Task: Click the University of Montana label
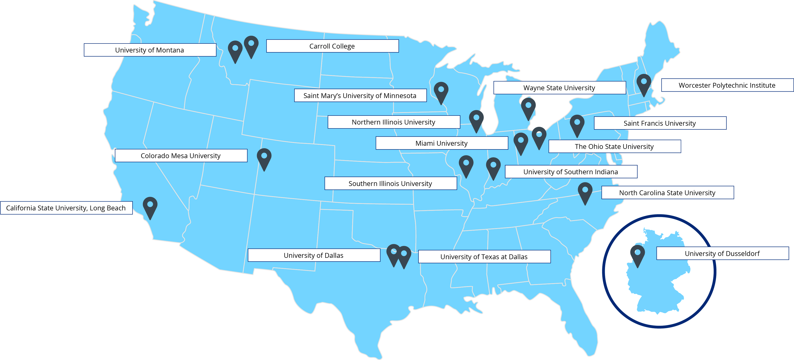click(x=150, y=50)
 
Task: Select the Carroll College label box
click(x=332, y=46)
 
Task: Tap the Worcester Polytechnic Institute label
click(x=727, y=85)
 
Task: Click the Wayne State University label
click(x=559, y=88)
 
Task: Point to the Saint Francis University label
click(x=660, y=123)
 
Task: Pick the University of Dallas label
click(x=314, y=255)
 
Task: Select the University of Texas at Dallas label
click(x=484, y=256)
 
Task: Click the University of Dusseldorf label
click(x=722, y=253)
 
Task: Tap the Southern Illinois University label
click(x=390, y=183)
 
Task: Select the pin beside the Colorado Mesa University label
click(x=264, y=158)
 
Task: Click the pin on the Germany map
click(x=637, y=255)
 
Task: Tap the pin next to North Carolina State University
click(x=585, y=192)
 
